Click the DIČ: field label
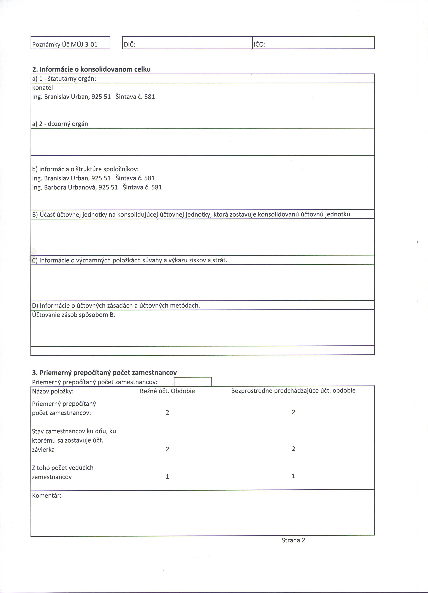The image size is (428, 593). (x=130, y=45)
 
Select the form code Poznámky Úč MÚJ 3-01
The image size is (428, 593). (x=65, y=45)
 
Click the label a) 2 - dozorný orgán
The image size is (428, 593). (x=60, y=124)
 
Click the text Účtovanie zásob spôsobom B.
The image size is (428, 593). (x=73, y=315)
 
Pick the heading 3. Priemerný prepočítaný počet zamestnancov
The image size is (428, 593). (x=104, y=372)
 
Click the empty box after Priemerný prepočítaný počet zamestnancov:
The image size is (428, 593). (x=193, y=381)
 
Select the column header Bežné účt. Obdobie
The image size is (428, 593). (x=167, y=391)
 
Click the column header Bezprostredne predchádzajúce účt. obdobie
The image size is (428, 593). (x=293, y=391)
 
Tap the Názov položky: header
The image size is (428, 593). (x=53, y=391)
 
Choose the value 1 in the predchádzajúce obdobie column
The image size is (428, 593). (x=293, y=476)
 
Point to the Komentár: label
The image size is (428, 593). (x=47, y=495)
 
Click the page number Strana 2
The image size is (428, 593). (x=293, y=540)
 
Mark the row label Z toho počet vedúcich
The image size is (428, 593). (x=63, y=468)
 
